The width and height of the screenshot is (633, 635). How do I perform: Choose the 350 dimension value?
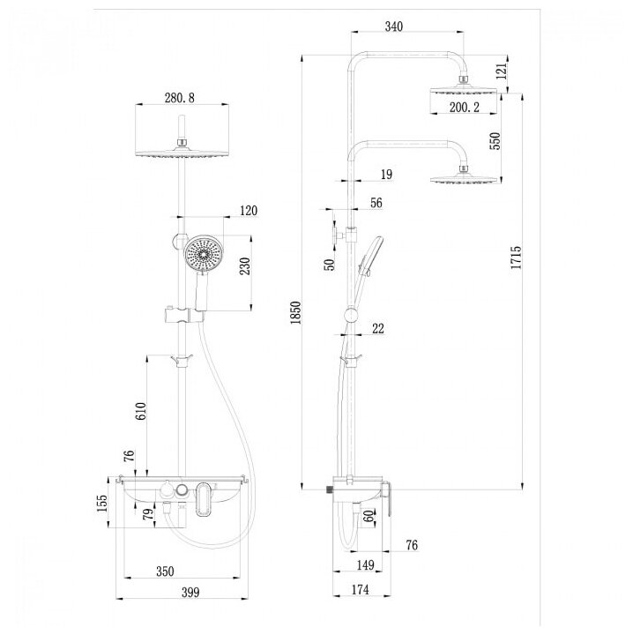tap(164, 571)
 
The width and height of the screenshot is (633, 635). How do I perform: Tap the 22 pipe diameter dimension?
tap(377, 329)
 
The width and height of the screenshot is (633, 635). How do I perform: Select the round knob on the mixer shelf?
tap(180, 491)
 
